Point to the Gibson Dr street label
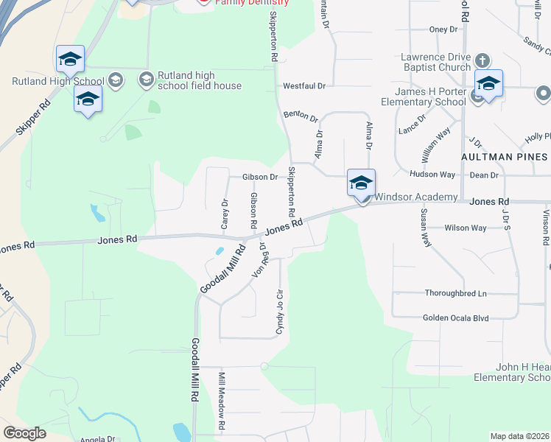[260, 177]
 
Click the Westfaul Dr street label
[304, 86]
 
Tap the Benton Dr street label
[300, 117]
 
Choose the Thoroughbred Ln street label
[456, 293]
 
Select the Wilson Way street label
[465, 228]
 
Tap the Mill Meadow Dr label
[221, 401]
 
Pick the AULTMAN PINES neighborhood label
[504, 157]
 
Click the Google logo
[24, 433]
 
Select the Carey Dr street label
[225, 214]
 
